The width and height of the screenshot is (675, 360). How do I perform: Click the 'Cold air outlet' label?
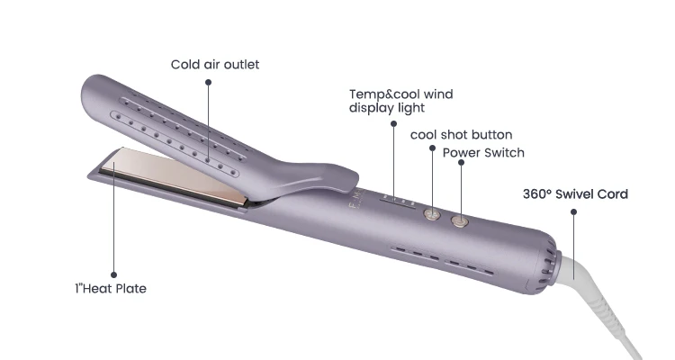(215, 64)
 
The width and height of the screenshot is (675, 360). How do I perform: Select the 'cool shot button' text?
(461, 134)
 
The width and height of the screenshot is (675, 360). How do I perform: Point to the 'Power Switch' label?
(483, 152)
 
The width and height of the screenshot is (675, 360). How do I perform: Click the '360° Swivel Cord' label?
(575, 193)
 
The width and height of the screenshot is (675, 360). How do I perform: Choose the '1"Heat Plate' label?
(110, 289)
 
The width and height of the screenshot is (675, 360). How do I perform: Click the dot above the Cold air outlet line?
(208, 82)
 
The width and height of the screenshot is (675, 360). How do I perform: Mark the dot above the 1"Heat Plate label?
(114, 274)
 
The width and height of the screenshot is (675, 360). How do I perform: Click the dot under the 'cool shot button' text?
(432, 148)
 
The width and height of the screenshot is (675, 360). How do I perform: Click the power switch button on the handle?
(461, 220)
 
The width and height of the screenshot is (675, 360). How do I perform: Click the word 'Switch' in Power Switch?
(504, 152)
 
